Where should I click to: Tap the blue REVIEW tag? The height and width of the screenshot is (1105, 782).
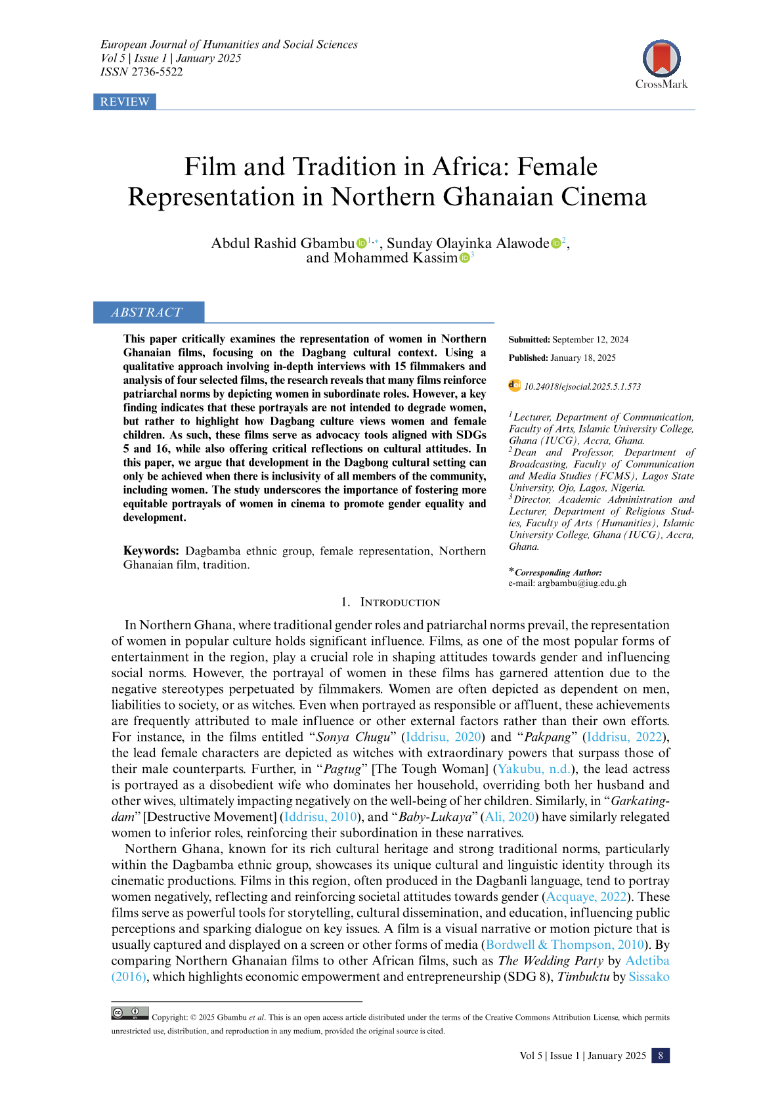coord(125,102)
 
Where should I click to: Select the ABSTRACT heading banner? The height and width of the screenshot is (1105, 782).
coord(148,312)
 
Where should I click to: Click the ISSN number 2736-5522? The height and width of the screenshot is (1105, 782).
coord(157,72)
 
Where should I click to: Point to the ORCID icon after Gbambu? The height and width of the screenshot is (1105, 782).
coord(361,244)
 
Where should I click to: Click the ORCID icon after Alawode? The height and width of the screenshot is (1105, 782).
coord(556,244)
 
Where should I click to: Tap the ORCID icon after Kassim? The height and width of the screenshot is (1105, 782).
coord(464,258)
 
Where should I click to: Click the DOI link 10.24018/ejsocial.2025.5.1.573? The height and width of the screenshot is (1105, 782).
coord(582,387)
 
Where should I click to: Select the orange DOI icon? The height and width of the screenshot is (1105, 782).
coord(515,386)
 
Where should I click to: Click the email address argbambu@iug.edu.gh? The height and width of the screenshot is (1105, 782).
coord(582,583)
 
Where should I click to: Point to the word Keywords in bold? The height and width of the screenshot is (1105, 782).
coord(151,551)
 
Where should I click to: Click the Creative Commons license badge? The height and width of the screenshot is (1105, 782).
coord(130,1013)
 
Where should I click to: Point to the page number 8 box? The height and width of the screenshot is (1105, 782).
coord(660,1056)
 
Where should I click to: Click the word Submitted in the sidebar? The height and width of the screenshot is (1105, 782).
coord(529,340)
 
